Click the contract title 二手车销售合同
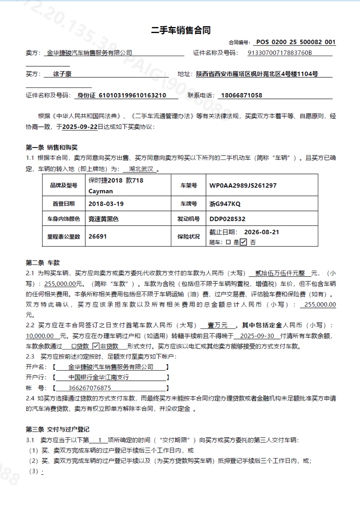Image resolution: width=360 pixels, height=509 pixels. pos(180,30)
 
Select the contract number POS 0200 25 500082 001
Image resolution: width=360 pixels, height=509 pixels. pos(296,42)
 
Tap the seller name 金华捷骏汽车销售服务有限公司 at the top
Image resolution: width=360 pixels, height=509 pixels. pos(89,53)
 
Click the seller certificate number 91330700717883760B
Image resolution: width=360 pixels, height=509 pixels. pos(280,53)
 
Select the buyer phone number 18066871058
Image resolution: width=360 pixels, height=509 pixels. pos(242,95)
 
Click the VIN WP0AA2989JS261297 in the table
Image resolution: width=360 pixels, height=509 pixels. pos(243,185)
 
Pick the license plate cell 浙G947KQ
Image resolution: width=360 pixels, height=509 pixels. pos(225,204)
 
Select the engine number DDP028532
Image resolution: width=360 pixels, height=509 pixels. pos(227,219)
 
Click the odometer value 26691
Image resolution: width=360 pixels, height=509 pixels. pos(97,237)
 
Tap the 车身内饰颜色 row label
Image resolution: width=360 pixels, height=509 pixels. pos(63,219)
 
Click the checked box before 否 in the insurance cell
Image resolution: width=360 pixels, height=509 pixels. pos(243,242)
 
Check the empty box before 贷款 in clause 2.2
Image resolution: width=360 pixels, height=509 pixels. pos(74,347)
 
